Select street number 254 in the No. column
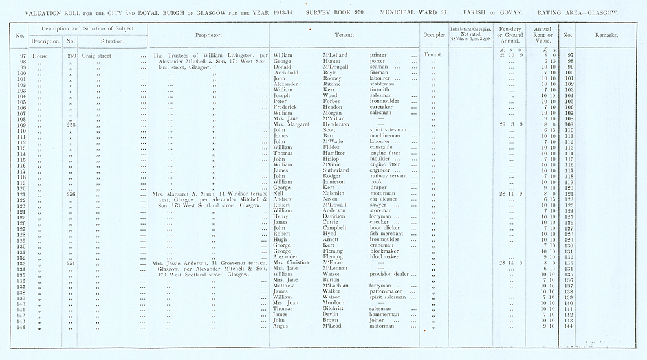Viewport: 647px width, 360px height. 72,263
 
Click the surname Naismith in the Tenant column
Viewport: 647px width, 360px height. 335,194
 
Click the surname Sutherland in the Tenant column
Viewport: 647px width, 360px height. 337,170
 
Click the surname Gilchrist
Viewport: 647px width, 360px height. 336,309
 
